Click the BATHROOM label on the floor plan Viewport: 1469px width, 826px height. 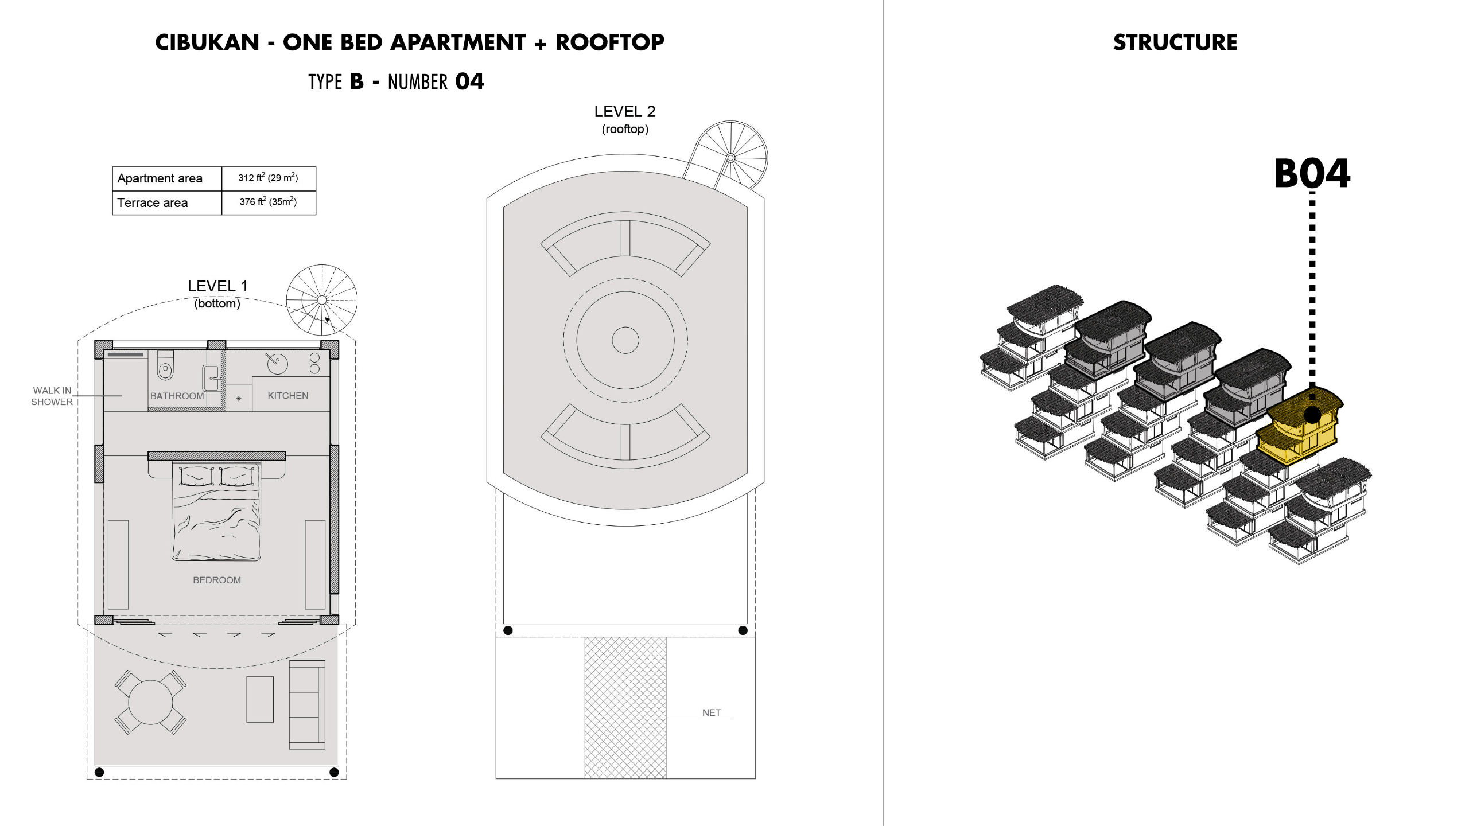(177, 396)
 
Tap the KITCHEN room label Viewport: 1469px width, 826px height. (288, 396)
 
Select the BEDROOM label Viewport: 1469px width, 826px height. (217, 580)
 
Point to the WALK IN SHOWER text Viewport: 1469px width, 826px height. (52, 396)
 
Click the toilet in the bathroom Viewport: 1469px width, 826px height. (165, 366)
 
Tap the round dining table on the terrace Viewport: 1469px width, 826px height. (150, 702)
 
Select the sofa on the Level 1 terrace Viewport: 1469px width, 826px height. (307, 705)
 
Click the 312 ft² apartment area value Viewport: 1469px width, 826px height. (268, 178)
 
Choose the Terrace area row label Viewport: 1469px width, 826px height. (152, 203)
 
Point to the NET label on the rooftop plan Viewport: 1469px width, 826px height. (712, 712)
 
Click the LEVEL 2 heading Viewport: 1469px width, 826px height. (625, 111)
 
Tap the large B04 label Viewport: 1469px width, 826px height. (1312, 174)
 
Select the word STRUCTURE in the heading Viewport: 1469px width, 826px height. (1175, 42)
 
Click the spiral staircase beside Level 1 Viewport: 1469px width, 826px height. (322, 300)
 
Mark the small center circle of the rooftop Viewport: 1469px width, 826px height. (625, 340)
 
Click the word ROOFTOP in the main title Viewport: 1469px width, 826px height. (610, 42)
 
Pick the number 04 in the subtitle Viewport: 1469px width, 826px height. (469, 81)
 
